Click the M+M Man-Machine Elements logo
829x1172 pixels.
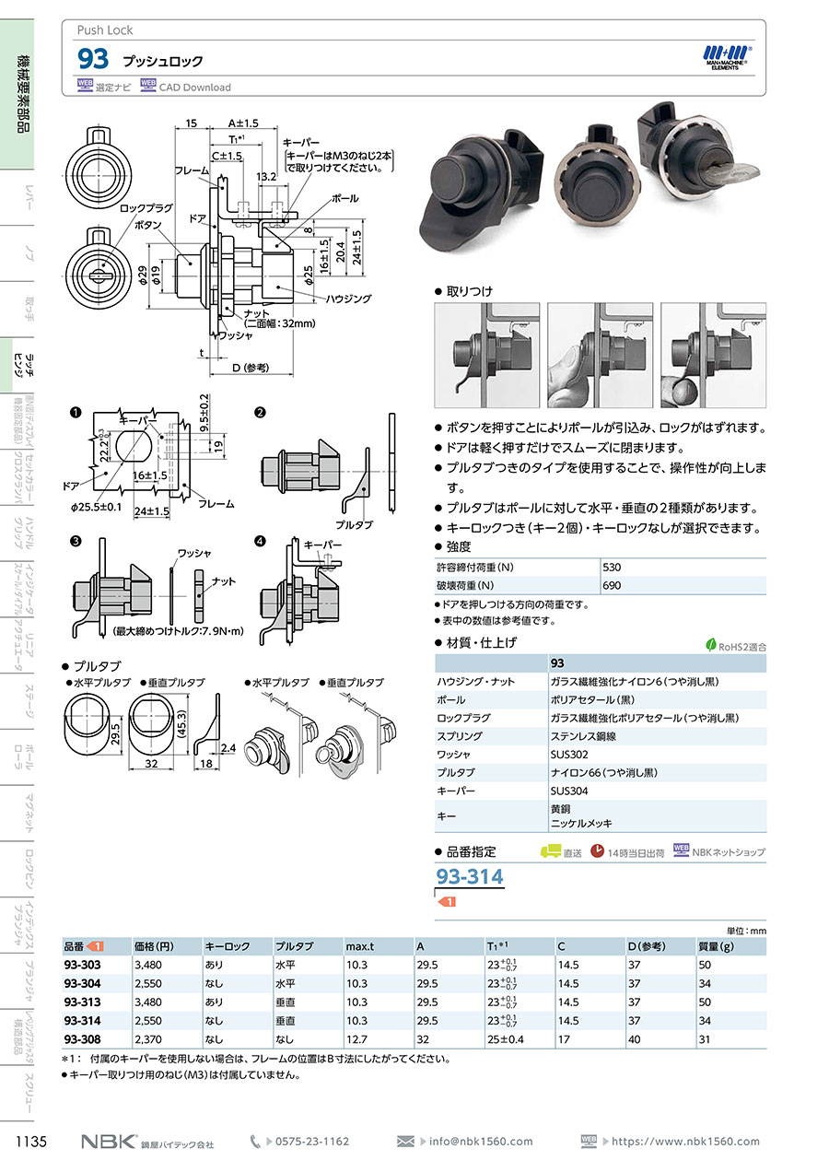728,56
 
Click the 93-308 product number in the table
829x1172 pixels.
83,1039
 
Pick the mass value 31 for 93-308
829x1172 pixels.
705,1039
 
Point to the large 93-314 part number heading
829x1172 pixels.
469,876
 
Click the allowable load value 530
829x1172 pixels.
612,567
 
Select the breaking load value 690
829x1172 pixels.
612,585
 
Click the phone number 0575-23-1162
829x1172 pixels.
312,1142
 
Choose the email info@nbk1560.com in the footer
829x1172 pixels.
481,1142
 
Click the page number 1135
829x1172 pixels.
31,1143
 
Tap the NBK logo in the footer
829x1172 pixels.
108,1142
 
